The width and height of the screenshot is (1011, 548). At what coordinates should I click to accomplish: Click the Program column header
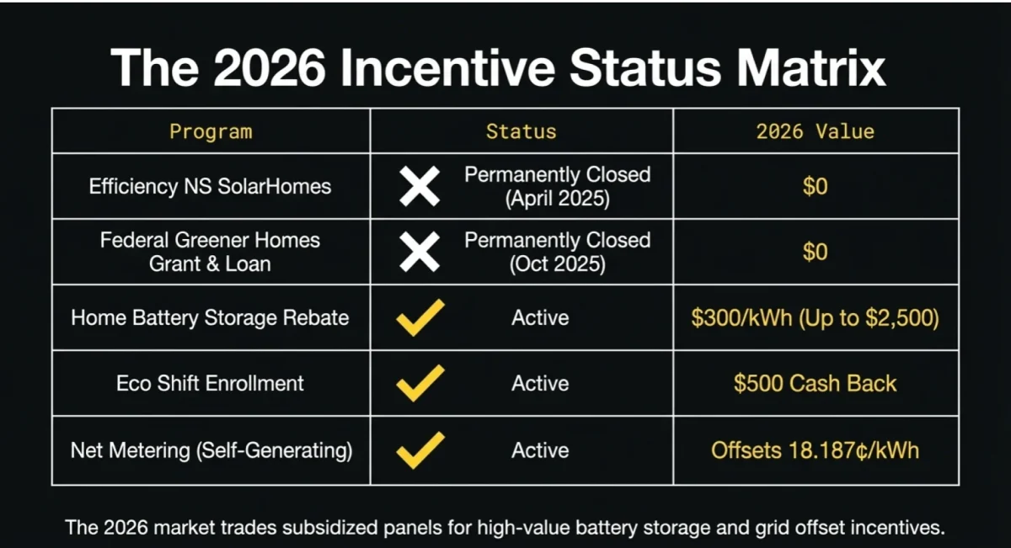point(211,131)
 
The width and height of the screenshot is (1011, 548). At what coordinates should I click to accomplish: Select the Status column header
point(521,131)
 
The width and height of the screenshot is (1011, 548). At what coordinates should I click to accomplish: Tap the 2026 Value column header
point(815,131)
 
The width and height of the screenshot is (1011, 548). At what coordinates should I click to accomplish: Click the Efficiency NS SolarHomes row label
point(211,186)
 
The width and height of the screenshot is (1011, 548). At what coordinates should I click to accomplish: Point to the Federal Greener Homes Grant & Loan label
point(211,252)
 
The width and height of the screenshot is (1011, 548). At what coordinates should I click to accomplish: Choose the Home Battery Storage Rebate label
point(211,317)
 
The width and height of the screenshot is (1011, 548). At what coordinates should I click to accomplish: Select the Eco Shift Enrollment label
point(211,383)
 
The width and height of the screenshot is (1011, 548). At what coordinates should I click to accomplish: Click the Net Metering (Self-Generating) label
point(211,450)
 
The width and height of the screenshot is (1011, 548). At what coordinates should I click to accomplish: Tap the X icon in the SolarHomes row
point(419,186)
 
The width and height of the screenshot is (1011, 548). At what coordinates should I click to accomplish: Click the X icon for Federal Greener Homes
point(419,252)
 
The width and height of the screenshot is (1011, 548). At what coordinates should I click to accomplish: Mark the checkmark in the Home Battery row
point(420,317)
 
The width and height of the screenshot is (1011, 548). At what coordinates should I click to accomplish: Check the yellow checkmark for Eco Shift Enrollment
point(420,383)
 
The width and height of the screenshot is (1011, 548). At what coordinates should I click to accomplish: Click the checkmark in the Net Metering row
point(420,450)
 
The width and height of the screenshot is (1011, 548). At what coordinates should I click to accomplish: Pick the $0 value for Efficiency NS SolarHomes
point(815,186)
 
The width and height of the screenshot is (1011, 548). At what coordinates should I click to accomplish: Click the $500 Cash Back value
point(815,383)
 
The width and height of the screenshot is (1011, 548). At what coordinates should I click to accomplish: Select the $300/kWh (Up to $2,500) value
point(815,317)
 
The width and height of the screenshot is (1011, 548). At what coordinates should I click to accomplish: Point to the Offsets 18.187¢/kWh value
point(815,450)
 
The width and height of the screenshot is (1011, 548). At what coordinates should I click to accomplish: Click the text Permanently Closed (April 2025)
point(557,186)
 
